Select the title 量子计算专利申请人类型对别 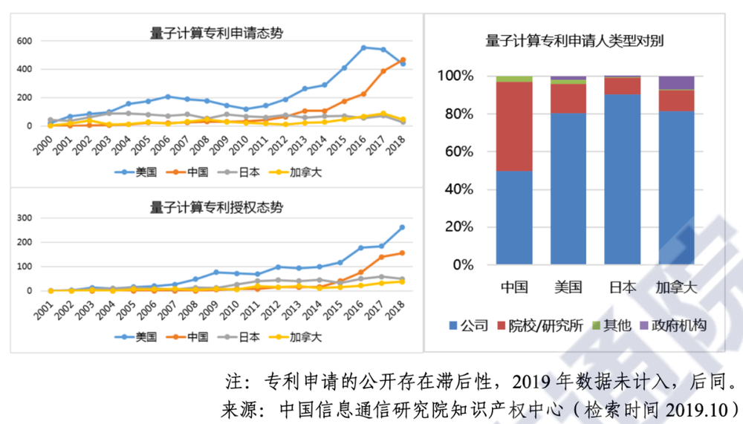(574, 41)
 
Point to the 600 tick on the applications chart (25, 41)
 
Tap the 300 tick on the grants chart (25, 218)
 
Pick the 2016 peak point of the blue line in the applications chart (364, 48)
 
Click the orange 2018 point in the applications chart (403, 59)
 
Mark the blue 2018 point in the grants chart (403, 227)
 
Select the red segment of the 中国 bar (514, 126)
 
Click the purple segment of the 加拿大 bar (676, 82)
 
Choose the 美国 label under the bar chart (568, 287)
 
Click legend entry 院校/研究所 (544, 325)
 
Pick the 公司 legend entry (468, 325)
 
